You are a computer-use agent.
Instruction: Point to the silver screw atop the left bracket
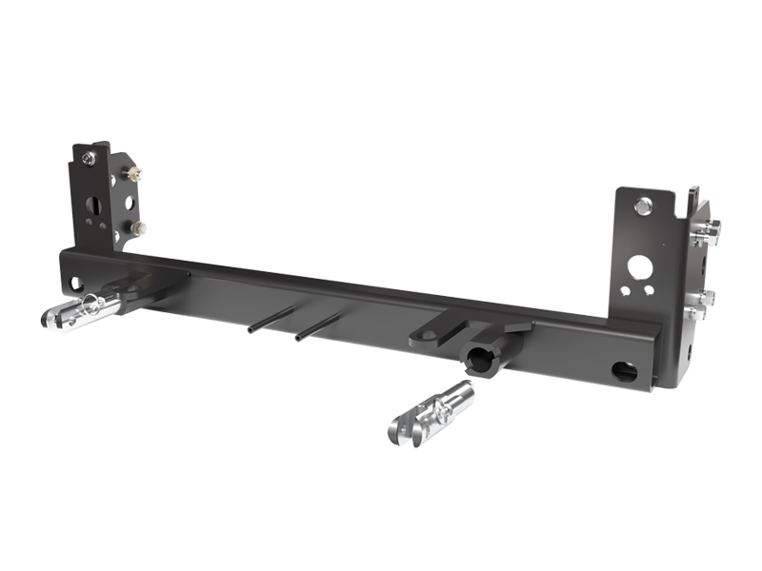click(88, 158)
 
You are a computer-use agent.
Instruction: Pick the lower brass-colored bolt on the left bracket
click(139, 227)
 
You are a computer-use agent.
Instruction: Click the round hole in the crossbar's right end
click(626, 370)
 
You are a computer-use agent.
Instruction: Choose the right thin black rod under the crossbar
click(319, 327)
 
